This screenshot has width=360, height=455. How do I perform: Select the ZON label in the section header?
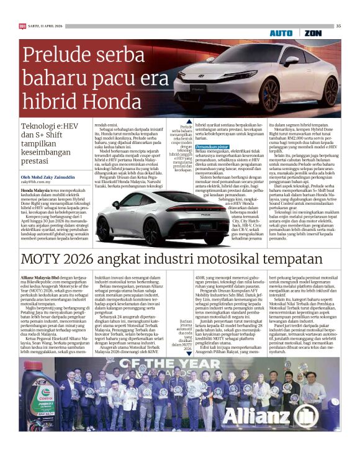pos(313,32)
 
